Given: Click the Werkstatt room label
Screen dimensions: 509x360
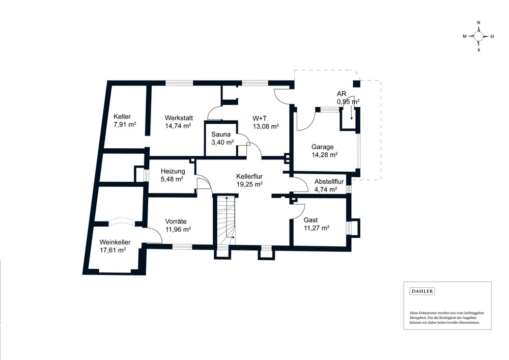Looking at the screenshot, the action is (x=178, y=117).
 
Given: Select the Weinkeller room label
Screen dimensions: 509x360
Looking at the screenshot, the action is (x=115, y=242).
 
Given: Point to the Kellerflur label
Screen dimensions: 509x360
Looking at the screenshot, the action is (x=249, y=176).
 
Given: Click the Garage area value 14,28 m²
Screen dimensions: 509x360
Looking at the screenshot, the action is (x=325, y=155).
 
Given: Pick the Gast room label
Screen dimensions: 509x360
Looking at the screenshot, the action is (x=310, y=220).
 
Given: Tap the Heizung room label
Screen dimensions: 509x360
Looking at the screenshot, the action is (x=173, y=171).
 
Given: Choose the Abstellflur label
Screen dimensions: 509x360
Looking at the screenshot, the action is (x=329, y=181).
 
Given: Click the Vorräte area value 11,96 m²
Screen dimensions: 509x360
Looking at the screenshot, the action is (x=178, y=229).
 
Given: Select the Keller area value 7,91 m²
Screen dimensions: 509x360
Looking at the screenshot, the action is (x=125, y=125).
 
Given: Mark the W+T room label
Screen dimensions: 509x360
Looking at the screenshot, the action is (x=260, y=118).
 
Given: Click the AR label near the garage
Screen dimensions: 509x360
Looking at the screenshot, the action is (x=342, y=94).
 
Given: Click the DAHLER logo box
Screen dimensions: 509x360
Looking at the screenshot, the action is (x=422, y=291).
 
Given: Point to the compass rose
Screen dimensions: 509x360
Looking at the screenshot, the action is (x=478, y=36).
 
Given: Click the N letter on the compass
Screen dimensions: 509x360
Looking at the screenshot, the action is (x=478, y=23).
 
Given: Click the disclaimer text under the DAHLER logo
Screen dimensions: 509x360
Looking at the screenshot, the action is (x=444, y=317).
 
